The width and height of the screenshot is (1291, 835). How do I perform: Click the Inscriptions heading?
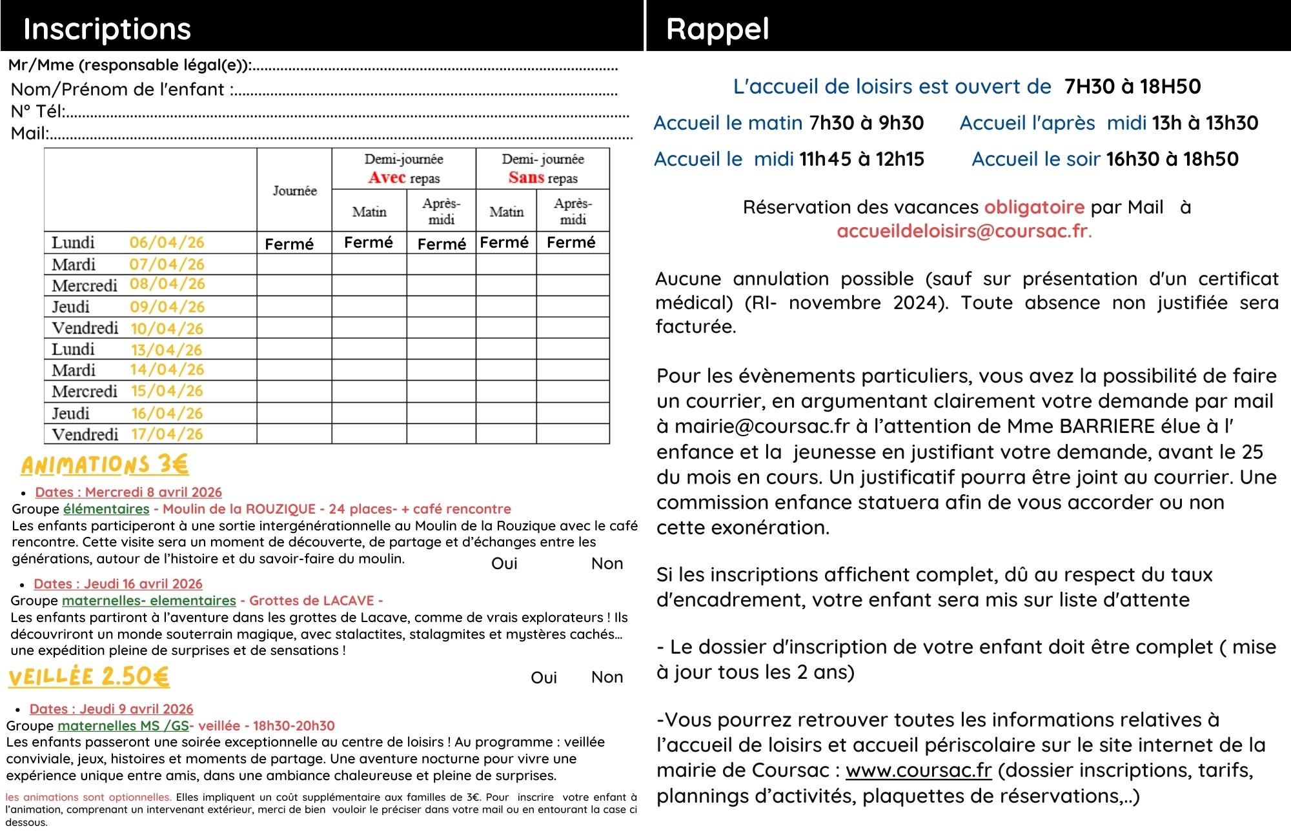[x=107, y=29]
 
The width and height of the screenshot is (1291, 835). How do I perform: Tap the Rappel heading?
[x=717, y=29]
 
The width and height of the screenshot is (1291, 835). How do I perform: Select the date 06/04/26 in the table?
[x=167, y=243]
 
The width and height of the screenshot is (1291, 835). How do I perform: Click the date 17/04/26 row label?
[x=167, y=434]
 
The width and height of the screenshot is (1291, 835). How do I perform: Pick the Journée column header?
[x=294, y=191]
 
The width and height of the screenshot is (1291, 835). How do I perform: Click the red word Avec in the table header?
[x=387, y=177]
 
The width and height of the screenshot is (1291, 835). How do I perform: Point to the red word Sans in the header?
[x=526, y=177]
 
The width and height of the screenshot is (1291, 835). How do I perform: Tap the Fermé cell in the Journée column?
[x=289, y=245]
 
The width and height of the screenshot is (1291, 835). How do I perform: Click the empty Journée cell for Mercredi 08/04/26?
[x=294, y=285]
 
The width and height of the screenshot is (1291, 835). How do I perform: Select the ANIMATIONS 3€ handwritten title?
[x=105, y=465]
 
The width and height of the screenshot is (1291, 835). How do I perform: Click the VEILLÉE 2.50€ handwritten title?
[x=89, y=676]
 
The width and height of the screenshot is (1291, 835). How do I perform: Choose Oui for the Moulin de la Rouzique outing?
[x=504, y=564]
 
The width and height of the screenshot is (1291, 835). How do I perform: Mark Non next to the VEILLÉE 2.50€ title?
[x=607, y=678]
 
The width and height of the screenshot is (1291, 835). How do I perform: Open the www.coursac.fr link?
[x=918, y=770]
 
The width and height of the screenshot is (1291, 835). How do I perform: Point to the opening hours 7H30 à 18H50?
[x=1132, y=86]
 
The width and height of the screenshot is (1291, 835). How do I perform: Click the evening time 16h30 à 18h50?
[x=1172, y=159]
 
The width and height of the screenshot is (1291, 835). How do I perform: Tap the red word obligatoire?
[x=1033, y=207]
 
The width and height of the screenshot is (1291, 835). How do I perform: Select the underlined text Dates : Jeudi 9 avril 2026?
[x=111, y=709]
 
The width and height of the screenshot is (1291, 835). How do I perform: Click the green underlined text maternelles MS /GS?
[x=123, y=726]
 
